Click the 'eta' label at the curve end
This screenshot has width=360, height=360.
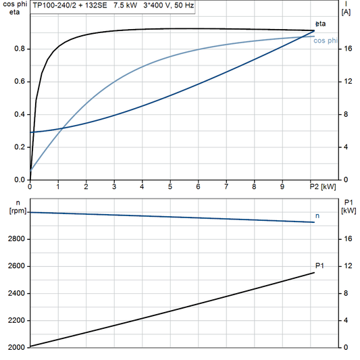pyautogui.click(x=319, y=24)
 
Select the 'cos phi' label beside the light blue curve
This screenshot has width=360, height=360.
pyautogui.click(x=327, y=41)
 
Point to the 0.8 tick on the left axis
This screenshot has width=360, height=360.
pyautogui.click(x=21, y=49)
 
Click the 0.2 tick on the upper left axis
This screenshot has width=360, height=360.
pyautogui.click(x=21, y=147)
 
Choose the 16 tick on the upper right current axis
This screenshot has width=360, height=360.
pyautogui.click(x=347, y=49)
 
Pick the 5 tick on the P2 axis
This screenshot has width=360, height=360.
pyautogui.click(x=170, y=186)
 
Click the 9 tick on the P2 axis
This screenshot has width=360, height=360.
pyautogui.click(x=282, y=186)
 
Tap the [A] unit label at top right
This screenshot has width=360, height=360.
pyautogui.click(x=346, y=12)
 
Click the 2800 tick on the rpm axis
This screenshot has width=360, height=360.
pyautogui.click(x=16, y=239)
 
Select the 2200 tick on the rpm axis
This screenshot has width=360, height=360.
pyautogui.click(x=16, y=320)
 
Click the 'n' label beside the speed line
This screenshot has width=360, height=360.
pyautogui.click(x=317, y=215)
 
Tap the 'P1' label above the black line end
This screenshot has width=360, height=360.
pyautogui.click(x=319, y=265)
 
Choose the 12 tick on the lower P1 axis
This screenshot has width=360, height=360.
pyautogui.click(x=347, y=266)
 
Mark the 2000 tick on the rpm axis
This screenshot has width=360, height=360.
pyautogui.click(x=16, y=347)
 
